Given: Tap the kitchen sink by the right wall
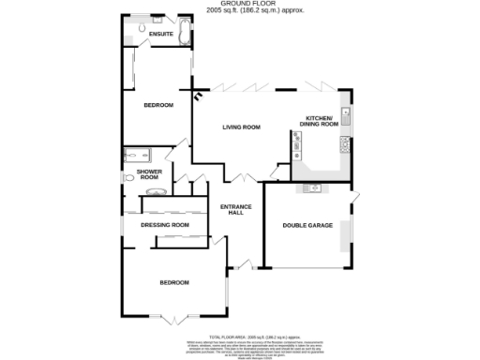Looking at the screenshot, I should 346,117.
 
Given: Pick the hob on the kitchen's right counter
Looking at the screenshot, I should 345,143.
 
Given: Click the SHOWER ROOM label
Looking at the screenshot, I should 150,175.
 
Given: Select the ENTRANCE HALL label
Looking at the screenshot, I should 232,210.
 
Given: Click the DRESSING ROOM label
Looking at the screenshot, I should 165,225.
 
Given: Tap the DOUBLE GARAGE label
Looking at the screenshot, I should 308,225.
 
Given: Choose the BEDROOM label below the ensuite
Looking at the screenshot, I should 158,106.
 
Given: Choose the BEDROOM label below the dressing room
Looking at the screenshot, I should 174,282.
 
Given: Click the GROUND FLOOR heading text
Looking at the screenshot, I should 239,5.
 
